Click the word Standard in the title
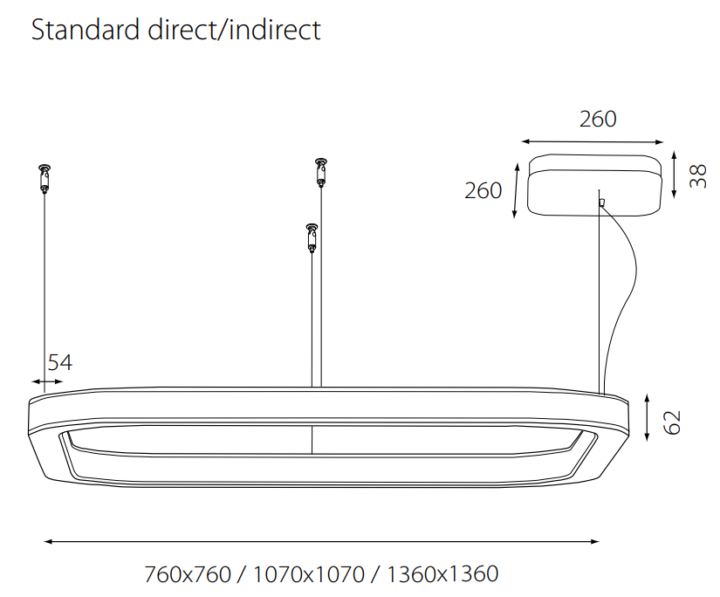pos(86,30)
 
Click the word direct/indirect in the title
pos(234,30)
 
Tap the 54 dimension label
pos(60,362)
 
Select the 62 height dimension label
pos(672,422)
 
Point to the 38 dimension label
pos(697,176)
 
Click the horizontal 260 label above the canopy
pos(598,119)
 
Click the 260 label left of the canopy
pos(483,190)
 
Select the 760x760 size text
pos(188,574)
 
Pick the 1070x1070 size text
pos(309,574)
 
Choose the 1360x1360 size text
pos(442,574)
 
